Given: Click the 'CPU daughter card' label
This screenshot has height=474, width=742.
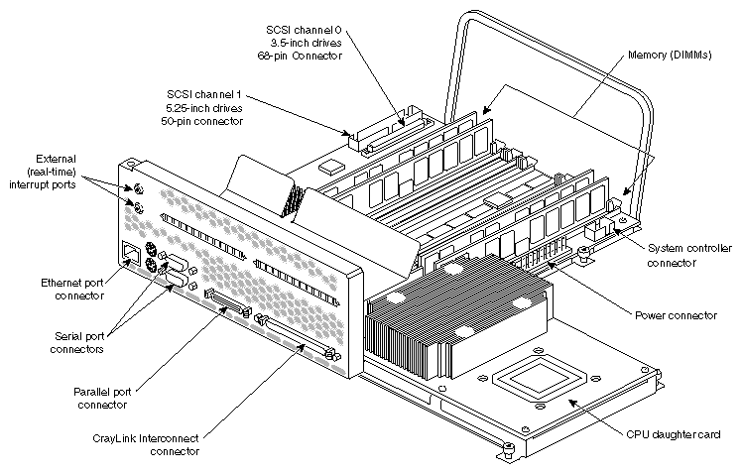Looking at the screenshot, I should (680, 434).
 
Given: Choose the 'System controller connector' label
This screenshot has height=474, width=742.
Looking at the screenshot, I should (684, 255).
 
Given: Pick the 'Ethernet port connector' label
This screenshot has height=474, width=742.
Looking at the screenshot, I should (70, 289).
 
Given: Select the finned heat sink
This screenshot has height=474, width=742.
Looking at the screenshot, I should (451, 315).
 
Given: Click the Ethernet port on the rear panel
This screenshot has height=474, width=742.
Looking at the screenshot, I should (128, 255).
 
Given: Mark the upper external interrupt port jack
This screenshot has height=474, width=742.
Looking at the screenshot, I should (138, 188).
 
